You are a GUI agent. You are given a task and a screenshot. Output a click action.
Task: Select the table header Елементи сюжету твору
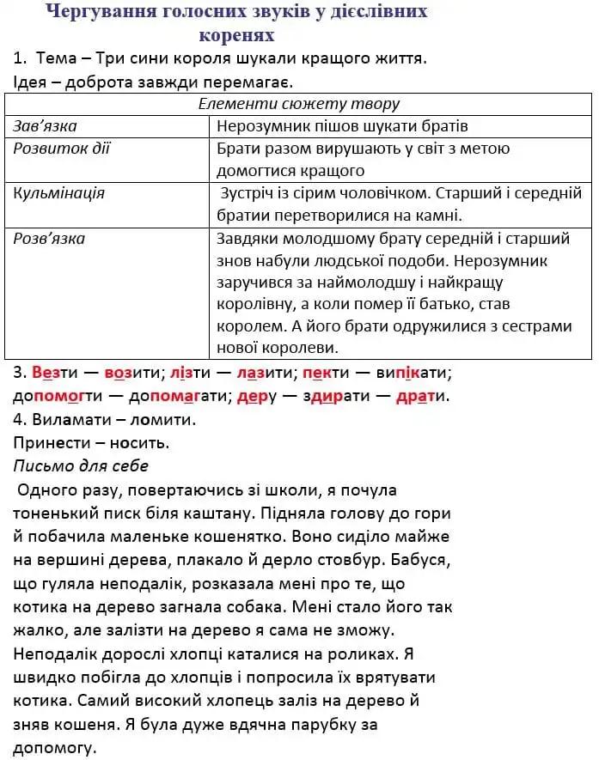(x=298, y=104)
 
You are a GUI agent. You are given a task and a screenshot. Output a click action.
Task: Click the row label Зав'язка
(x=46, y=126)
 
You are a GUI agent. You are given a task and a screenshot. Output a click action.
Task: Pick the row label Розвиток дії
(x=62, y=149)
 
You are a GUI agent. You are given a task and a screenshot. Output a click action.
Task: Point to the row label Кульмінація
(x=59, y=193)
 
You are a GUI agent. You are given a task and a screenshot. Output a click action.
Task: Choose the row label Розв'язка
(x=49, y=238)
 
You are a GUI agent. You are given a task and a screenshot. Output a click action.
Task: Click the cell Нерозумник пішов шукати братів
(x=343, y=126)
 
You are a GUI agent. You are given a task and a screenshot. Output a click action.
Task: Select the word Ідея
(x=33, y=82)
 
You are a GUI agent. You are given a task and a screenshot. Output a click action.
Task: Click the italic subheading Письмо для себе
(x=81, y=465)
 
